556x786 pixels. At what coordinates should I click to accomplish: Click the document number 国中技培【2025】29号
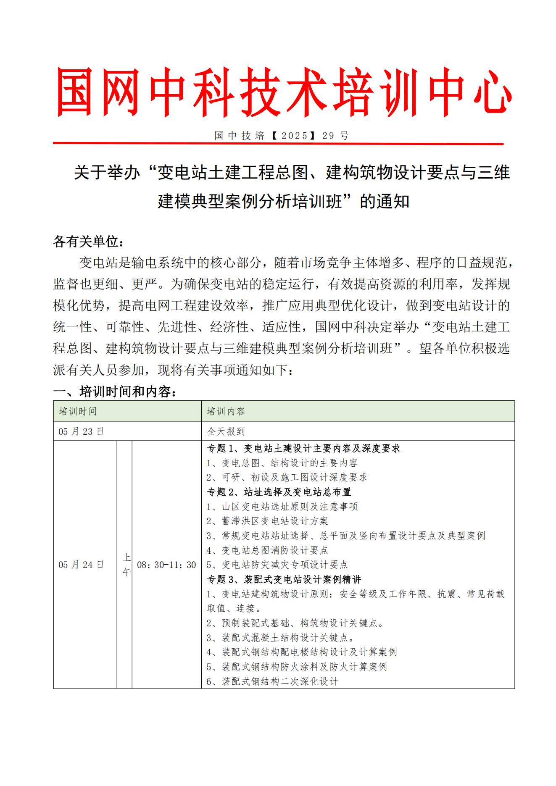coord(281,135)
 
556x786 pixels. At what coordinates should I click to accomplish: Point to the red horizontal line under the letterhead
coord(278,144)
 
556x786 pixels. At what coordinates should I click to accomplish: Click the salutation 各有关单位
coord(89,242)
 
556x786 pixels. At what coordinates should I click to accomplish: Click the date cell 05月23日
coord(81,431)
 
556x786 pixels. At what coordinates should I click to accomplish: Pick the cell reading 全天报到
coord(226,431)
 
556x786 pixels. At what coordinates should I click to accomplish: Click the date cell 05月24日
coord(81,565)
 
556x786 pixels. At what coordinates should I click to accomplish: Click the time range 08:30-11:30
coord(166,565)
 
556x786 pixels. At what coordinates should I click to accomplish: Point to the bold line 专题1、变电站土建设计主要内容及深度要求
coord(303,448)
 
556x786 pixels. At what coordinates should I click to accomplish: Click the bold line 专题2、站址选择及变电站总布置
coord(279,492)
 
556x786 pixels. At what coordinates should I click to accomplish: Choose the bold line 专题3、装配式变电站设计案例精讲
coord(284,579)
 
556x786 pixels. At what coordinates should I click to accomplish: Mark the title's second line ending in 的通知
coord(284,202)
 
